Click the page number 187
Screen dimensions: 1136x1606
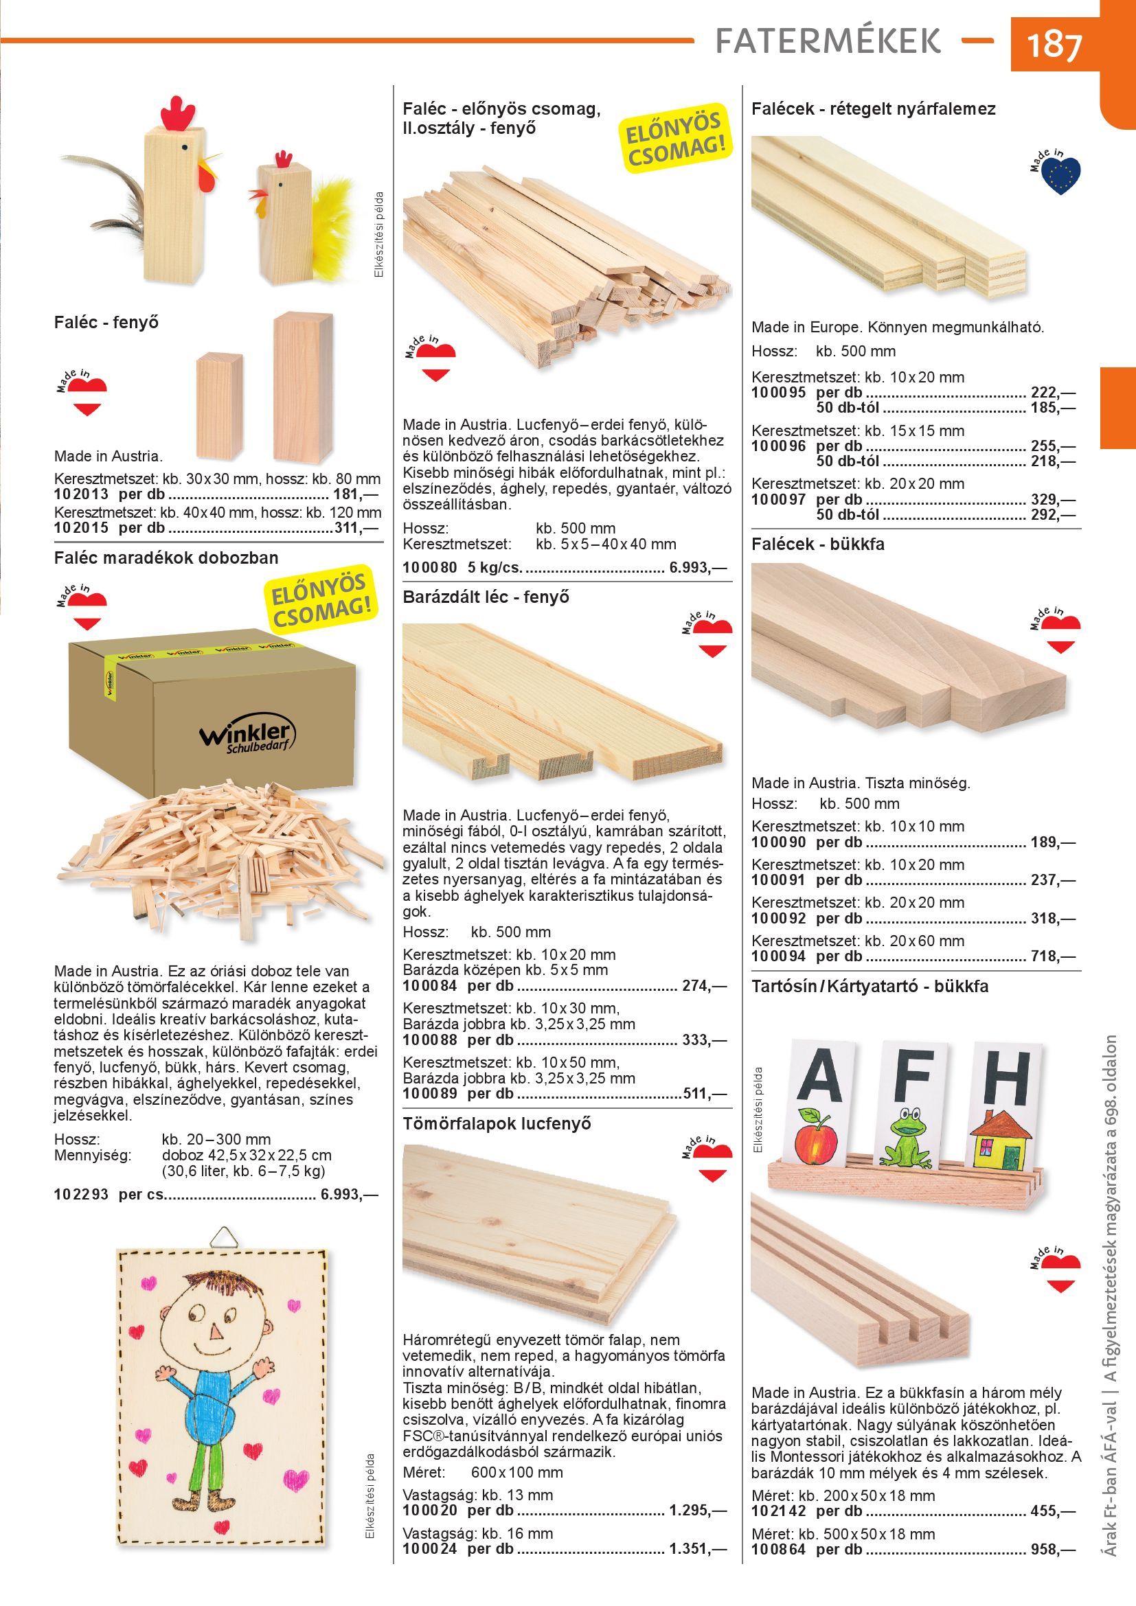click(x=1054, y=45)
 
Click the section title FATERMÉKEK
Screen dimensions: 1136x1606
click(x=828, y=41)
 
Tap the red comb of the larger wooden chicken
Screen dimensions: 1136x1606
click(x=179, y=113)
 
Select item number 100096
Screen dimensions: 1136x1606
click(x=779, y=446)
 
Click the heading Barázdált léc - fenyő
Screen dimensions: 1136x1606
click(x=486, y=597)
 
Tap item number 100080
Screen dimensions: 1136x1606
click(x=429, y=566)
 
